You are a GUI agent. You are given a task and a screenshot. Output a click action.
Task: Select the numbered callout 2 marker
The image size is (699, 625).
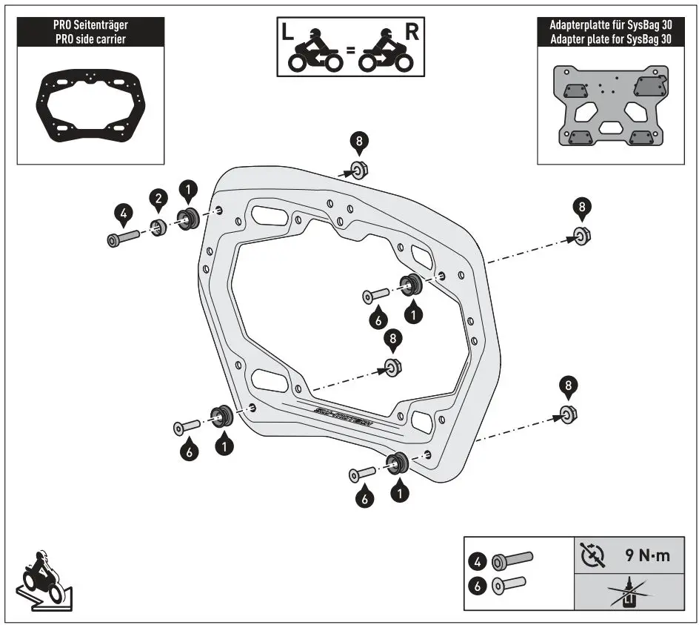coord(157,198)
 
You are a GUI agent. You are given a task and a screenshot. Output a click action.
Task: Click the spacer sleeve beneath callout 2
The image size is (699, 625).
coord(158,227)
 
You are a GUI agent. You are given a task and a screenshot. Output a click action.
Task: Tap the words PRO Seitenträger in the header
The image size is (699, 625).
coord(90,26)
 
